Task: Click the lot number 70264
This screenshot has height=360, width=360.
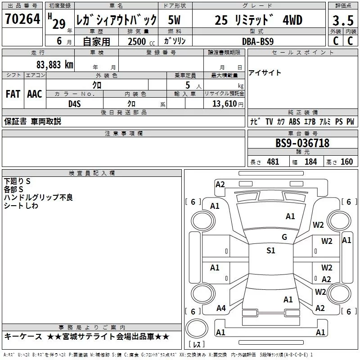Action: click(x=22, y=20)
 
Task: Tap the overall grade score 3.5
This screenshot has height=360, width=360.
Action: click(x=342, y=21)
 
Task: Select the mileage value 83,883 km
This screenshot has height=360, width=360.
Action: click(x=54, y=64)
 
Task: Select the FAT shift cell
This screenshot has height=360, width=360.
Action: click(x=13, y=94)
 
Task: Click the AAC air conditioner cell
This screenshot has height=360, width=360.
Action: click(x=35, y=94)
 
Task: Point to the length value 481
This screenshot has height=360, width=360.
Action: click(x=273, y=162)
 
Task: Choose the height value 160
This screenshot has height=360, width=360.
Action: click(x=346, y=162)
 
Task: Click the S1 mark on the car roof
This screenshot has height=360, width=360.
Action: click(x=270, y=251)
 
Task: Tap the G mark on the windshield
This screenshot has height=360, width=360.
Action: click(x=284, y=237)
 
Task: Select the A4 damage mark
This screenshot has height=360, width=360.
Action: click(x=220, y=308)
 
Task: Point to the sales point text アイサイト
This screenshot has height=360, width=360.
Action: click(x=265, y=73)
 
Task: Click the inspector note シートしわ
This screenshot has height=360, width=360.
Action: click(x=21, y=206)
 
